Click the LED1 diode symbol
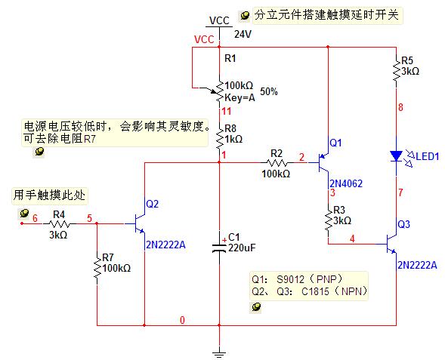click(396, 156)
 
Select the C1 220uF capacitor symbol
click(219, 248)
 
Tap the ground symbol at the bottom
click(219, 354)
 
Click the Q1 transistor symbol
click(323, 163)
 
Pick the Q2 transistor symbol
click(140, 224)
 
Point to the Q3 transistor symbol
click(391, 244)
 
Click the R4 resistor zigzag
click(60, 224)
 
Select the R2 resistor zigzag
click(277, 163)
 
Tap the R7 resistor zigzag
click(97, 268)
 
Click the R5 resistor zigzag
click(396, 71)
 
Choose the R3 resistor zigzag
click(329, 220)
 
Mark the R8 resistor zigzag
click(219, 139)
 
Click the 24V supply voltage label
click(243, 34)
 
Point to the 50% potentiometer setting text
click(269, 91)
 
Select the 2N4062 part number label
click(346, 183)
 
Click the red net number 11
click(227, 111)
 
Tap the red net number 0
click(182, 320)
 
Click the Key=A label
click(239, 98)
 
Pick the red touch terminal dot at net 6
click(22, 223)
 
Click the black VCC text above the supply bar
click(219, 20)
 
